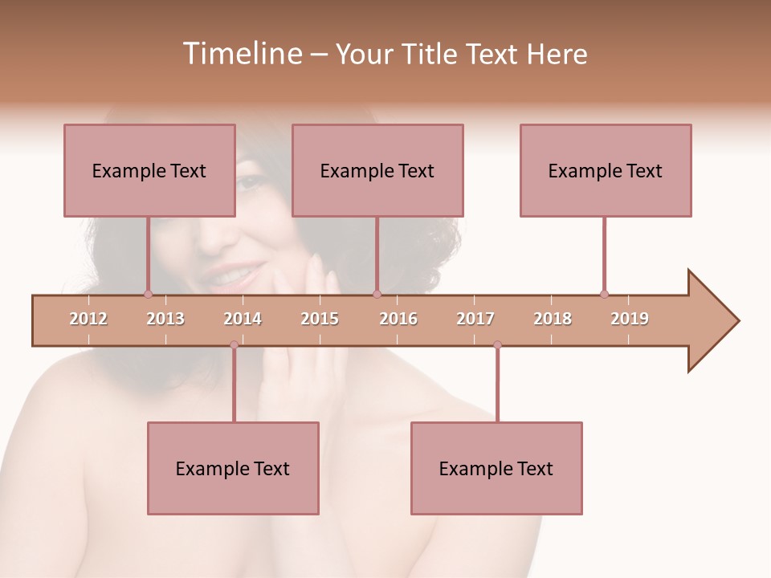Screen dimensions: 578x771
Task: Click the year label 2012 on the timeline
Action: [88, 319]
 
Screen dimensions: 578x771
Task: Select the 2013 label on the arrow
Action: [165, 319]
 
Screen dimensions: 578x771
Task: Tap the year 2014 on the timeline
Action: [243, 319]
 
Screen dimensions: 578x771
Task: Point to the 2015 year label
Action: [320, 319]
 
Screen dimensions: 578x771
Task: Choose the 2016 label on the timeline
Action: [398, 319]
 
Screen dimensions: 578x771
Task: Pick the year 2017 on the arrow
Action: [475, 319]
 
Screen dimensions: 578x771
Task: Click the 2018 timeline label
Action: [553, 319]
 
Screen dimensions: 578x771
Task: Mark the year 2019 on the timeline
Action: [630, 319]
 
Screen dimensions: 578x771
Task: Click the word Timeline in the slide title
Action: [240, 54]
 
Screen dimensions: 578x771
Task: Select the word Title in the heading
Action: [430, 54]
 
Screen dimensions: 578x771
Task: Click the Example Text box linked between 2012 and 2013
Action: [149, 170]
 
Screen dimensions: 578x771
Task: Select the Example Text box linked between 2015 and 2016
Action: [377, 170]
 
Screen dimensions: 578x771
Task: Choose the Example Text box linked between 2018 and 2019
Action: [606, 170]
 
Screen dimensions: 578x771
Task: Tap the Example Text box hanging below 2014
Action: [233, 468]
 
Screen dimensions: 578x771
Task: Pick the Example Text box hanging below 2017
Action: [496, 468]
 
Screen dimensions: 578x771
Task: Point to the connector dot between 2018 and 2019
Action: [604, 294]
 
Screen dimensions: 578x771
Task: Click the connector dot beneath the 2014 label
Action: [234, 344]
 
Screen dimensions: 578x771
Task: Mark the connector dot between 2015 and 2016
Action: [377, 294]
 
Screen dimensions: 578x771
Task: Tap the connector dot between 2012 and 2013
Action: [148, 294]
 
